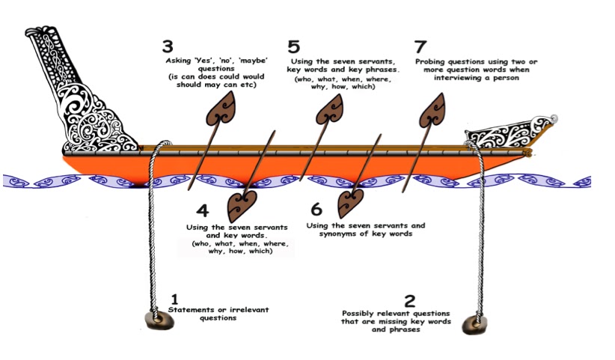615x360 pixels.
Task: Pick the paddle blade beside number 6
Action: (x=349, y=201)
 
